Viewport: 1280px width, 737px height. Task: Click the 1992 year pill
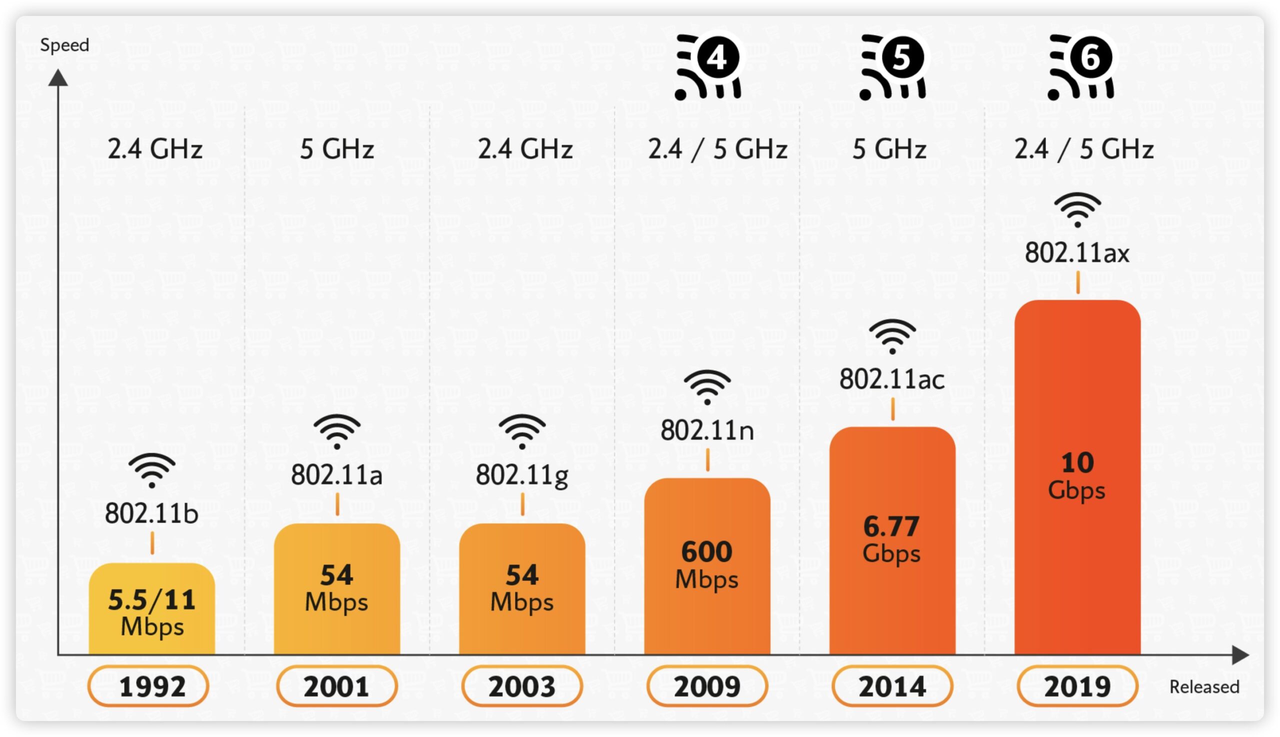pos(148,686)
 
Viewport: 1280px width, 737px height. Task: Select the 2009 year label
pos(707,686)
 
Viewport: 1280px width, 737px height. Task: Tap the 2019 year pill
pos(1077,686)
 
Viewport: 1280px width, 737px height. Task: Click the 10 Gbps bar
pos(1077,477)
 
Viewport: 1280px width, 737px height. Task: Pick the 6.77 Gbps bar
pos(892,540)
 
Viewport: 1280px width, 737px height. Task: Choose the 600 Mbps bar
pos(707,566)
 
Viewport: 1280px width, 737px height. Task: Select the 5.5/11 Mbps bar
pos(151,609)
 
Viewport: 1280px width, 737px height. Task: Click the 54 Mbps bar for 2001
pos(337,589)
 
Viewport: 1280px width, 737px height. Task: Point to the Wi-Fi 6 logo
pos(1081,67)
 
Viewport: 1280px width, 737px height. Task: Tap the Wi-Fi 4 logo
pos(708,67)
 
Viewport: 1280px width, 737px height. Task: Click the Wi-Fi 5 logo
pos(892,67)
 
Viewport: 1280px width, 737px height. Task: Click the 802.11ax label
pos(1077,253)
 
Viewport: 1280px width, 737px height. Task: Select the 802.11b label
pos(151,514)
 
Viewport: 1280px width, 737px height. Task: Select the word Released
pos(1204,687)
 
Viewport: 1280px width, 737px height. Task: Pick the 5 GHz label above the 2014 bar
pos(889,149)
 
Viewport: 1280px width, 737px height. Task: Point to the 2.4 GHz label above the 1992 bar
pos(155,149)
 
